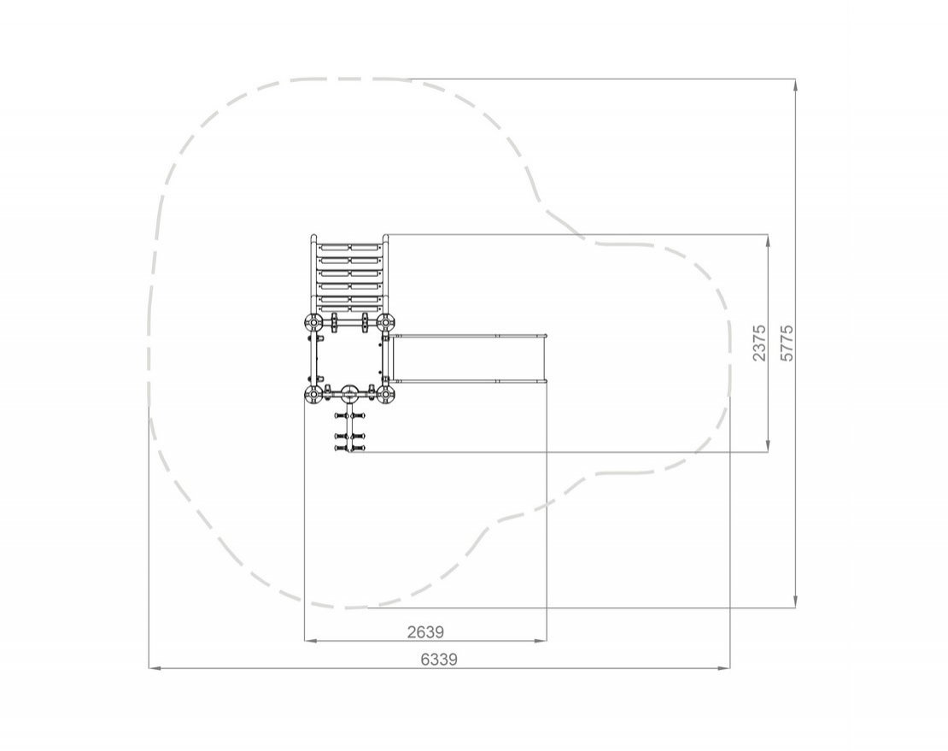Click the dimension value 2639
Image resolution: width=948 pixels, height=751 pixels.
coord(425,632)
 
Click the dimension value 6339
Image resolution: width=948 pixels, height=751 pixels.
coord(439,659)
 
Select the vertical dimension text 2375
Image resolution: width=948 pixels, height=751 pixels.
coord(759,343)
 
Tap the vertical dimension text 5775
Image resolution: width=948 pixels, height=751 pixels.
coord(787,343)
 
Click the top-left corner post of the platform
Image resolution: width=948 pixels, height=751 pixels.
coord(313,323)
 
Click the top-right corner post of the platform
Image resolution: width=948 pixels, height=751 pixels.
coord(386,323)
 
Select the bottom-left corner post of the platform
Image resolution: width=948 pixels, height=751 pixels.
coord(313,396)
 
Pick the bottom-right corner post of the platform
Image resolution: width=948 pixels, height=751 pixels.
coord(386,396)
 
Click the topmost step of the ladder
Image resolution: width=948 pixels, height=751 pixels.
coord(349,247)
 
